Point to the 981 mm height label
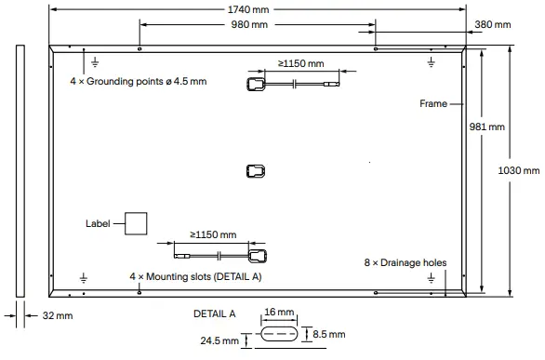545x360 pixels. tap(488, 126)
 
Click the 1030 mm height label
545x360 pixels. tap(519, 170)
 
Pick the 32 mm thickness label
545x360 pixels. tap(57, 316)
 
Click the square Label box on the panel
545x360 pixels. tap(136, 223)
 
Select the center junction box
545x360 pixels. tap(256, 170)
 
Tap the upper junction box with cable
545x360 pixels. tap(257, 85)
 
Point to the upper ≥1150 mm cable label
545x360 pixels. tap(300, 64)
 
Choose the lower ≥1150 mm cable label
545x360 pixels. tap(213, 234)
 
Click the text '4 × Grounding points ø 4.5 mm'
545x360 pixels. tap(138, 82)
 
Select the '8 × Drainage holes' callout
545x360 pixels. tap(405, 263)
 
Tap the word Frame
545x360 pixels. tap(433, 104)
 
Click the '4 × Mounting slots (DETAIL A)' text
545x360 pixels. tap(195, 277)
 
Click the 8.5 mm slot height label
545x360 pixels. tap(328, 334)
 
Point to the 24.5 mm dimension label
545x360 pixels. tap(218, 341)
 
